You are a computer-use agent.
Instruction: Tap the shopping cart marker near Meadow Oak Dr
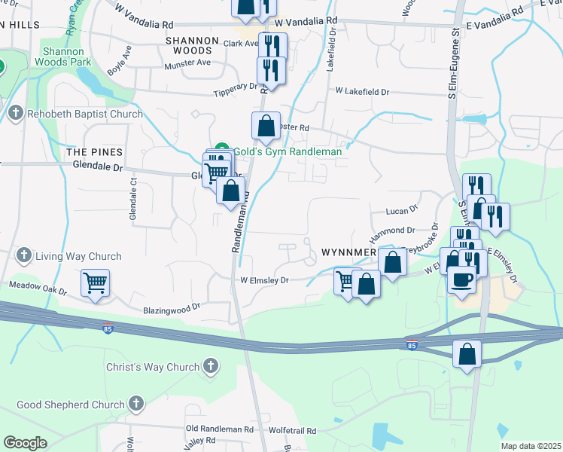click(x=96, y=284)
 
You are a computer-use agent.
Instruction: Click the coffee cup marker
click(x=461, y=280)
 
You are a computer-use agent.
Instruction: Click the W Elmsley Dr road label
click(x=264, y=280)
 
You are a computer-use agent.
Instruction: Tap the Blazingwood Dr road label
click(x=171, y=308)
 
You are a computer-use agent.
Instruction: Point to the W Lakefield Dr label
click(x=362, y=91)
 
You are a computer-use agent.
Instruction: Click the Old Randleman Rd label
click(x=219, y=429)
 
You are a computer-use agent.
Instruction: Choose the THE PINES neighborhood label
click(x=94, y=151)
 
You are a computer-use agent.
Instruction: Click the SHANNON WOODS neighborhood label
click(x=192, y=45)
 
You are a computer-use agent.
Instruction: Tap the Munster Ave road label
click(x=187, y=64)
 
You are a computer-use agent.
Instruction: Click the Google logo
click(x=25, y=443)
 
